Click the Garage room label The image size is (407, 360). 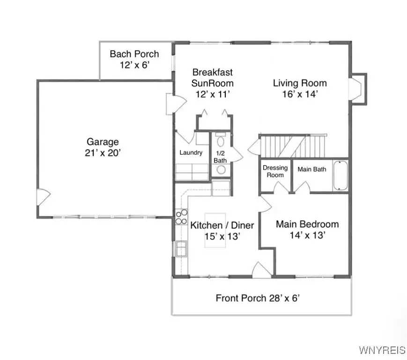click(103, 142)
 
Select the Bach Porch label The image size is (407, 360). click(134, 54)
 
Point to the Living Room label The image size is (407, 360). click(300, 83)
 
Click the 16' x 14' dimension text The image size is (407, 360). click(300, 94)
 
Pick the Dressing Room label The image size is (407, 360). click(275, 171)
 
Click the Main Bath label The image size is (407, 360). click(312, 169)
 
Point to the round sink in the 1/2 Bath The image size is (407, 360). click(221, 169)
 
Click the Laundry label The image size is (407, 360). click(191, 152)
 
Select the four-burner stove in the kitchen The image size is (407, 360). click(180, 217)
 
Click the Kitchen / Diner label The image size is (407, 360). click(222, 225)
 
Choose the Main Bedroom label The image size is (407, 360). click(307, 224)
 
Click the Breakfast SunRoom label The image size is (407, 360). click(213, 78)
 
